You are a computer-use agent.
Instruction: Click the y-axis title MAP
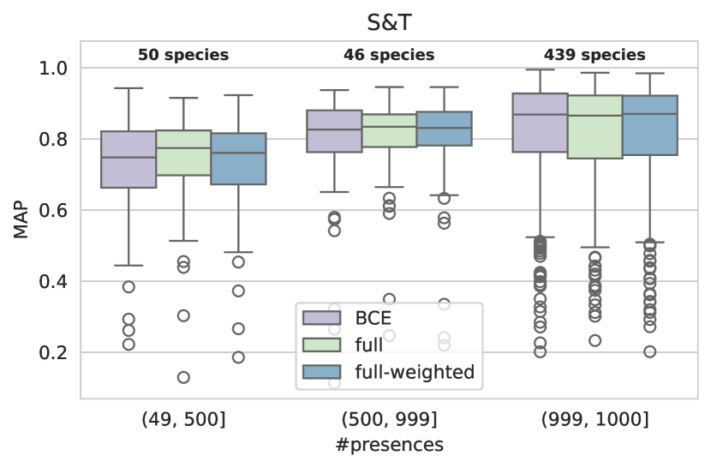21,219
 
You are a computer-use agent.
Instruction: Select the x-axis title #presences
388,446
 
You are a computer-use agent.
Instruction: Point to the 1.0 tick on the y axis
56,69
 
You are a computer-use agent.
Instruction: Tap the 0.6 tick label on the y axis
56,211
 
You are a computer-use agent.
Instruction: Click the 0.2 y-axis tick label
56,353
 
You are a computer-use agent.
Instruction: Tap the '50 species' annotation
183,56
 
